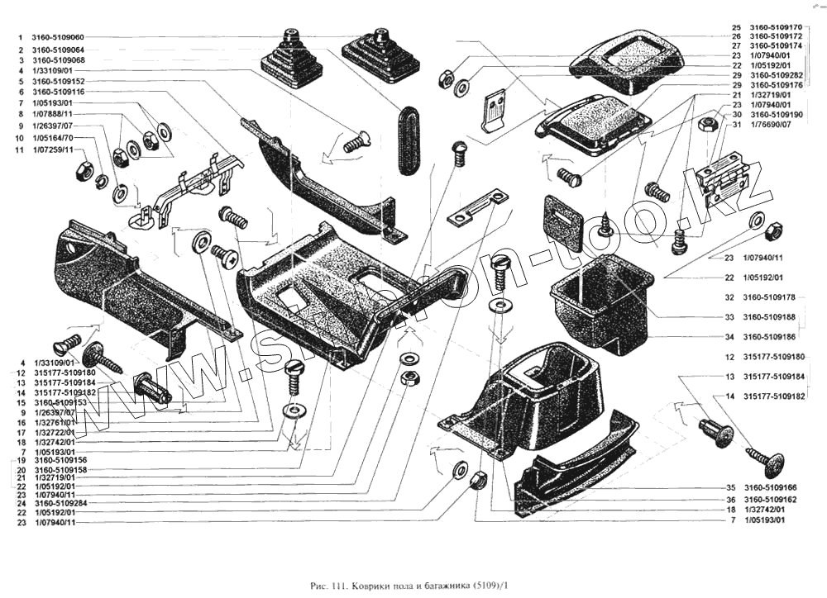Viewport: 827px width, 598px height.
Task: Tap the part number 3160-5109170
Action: pos(776,27)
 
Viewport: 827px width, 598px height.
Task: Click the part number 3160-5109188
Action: pos(771,317)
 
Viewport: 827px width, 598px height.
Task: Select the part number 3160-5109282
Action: pos(776,75)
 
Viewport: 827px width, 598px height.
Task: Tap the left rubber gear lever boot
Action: pos(292,59)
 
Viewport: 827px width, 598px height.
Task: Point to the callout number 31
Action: pos(735,124)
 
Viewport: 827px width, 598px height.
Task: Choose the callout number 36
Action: pos(731,500)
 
